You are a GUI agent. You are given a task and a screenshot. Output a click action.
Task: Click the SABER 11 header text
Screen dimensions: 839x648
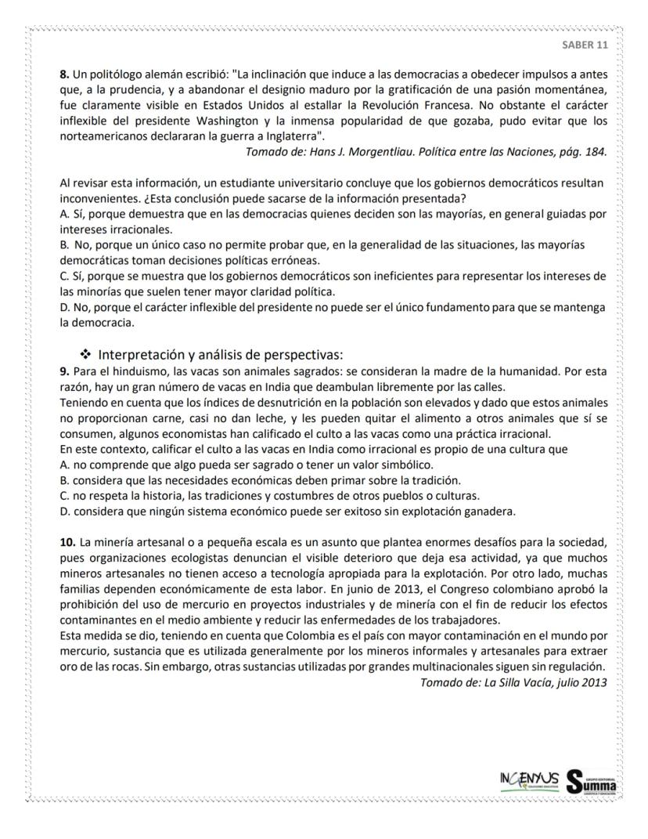coord(585,45)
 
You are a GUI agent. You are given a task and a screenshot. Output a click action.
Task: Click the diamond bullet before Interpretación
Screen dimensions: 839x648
coord(85,354)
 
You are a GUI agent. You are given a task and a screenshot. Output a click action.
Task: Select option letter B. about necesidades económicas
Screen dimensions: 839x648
coord(65,479)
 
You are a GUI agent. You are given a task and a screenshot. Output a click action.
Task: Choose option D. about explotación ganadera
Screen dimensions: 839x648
coord(65,511)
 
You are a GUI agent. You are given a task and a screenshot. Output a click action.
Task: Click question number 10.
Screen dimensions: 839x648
coord(67,541)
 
